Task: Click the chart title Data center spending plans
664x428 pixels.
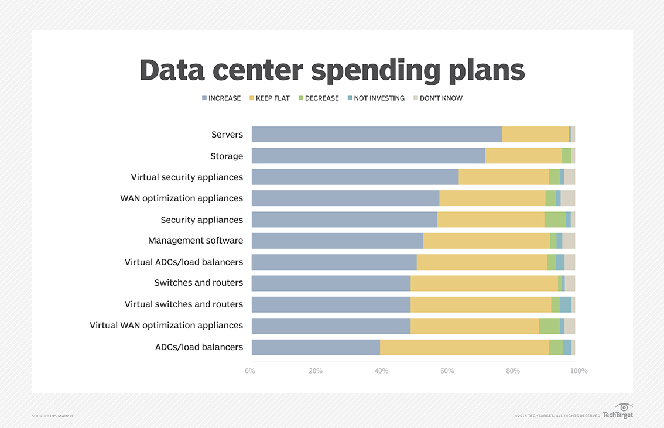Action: point(332,70)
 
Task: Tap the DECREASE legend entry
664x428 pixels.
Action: point(319,98)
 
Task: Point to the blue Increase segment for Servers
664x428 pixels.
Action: point(377,134)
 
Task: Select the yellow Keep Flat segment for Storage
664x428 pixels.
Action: point(523,156)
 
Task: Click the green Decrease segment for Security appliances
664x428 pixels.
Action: point(555,220)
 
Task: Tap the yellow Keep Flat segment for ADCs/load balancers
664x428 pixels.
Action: point(464,347)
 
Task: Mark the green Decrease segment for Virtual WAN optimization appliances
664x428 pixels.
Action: point(549,326)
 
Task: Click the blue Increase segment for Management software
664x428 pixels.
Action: point(337,241)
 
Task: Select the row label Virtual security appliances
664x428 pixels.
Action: point(187,177)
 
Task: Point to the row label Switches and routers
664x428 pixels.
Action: point(198,283)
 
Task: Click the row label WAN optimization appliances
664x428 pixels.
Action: point(182,198)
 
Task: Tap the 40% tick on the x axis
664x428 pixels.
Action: point(381,371)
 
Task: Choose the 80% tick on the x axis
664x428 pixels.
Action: point(512,371)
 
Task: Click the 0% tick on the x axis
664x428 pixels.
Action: point(250,371)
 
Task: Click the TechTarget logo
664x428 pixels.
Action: point(618,411)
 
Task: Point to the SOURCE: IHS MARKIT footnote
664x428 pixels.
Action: point(53,416)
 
